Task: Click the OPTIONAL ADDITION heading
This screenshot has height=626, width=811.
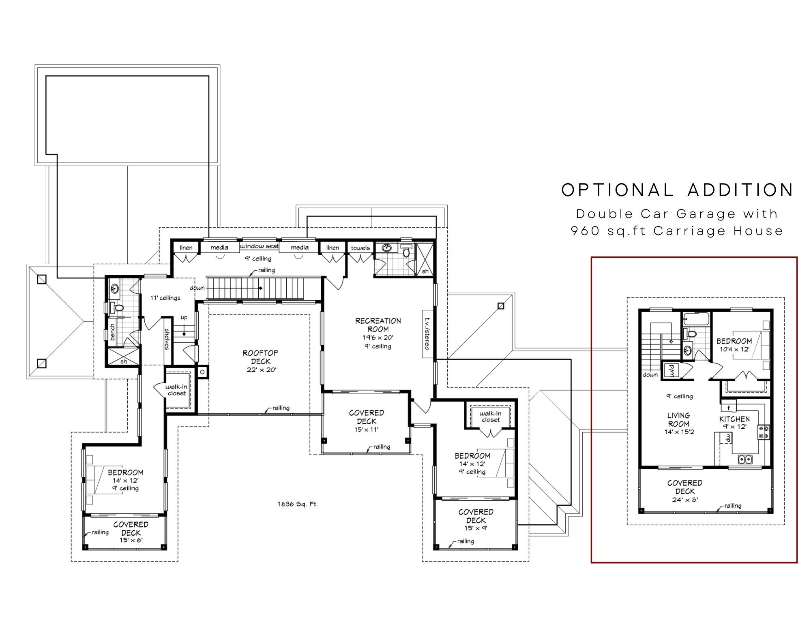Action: click(677, 190)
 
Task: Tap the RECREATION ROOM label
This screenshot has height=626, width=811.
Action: click(378, 325)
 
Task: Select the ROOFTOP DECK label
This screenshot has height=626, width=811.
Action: click(260, 357)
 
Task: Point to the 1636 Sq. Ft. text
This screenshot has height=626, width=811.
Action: click(298, 504)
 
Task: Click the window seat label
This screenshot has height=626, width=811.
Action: click(260, 246)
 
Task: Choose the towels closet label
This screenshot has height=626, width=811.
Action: click(360, 248)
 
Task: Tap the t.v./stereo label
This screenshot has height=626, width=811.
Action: click(427, 334)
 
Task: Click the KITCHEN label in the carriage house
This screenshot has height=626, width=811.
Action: click(734, 419)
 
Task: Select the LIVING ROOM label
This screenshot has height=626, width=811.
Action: click(679, 419)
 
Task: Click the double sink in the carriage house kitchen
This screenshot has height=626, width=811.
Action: click(745, 459)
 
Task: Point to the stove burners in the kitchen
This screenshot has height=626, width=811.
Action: click(764, 432)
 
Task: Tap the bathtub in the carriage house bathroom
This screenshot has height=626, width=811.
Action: click(695, 319)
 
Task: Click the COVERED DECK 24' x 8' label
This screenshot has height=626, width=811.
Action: click(685, 491)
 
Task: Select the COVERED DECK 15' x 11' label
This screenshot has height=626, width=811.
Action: click(367, 421)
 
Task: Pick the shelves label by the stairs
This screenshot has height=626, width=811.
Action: click(167, 339)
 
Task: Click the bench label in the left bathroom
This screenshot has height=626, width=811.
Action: click(112, 332)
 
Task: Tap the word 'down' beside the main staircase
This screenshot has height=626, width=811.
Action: click(197, 288)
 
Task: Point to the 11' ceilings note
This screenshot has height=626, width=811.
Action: click(165, 298)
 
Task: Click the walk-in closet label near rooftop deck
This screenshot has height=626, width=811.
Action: click(177, 390)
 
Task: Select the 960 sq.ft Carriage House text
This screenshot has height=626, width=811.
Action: click(677, 231)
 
